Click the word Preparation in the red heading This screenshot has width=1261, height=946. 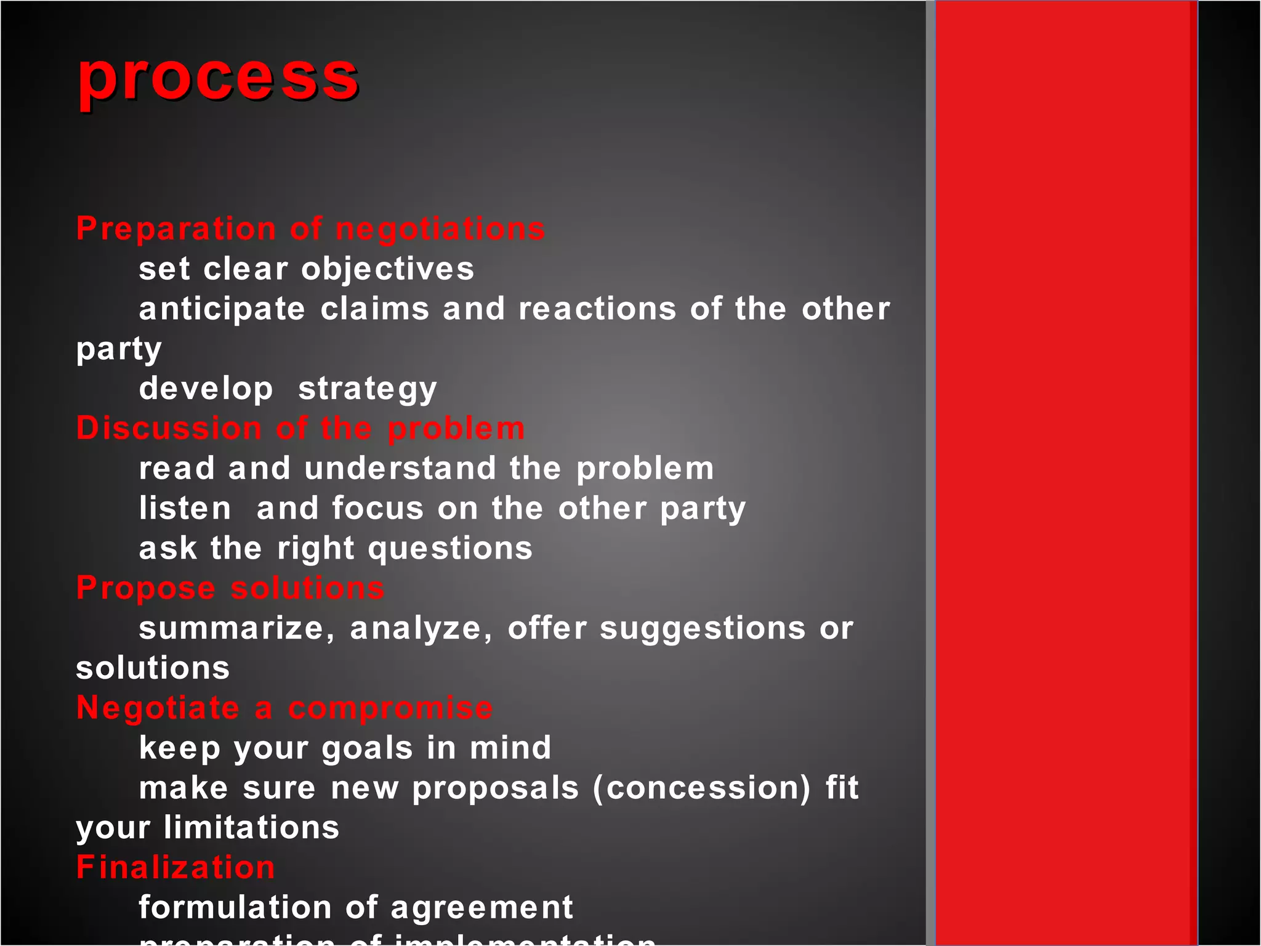point(176,228)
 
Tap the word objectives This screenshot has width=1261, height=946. point(387,269)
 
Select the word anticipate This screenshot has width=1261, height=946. point(222,309)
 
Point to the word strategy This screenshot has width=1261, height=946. point(368,389)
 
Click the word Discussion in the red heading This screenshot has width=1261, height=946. point(169,428)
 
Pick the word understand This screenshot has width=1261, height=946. point(400,468)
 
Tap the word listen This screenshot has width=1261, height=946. point(185,508)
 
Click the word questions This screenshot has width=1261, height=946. point(450,548)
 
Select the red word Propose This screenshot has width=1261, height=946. point(146,588)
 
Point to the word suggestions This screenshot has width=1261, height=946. point(703,628)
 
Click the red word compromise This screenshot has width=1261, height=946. point(390,708)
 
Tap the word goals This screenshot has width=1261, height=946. point(367,748)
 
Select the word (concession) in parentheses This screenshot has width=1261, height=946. point(702,788)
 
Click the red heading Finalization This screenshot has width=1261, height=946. point(175,867)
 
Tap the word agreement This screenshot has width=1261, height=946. point(481,907)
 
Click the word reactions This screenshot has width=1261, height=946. point(597,309)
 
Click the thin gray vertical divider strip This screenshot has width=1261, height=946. point(930,473)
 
